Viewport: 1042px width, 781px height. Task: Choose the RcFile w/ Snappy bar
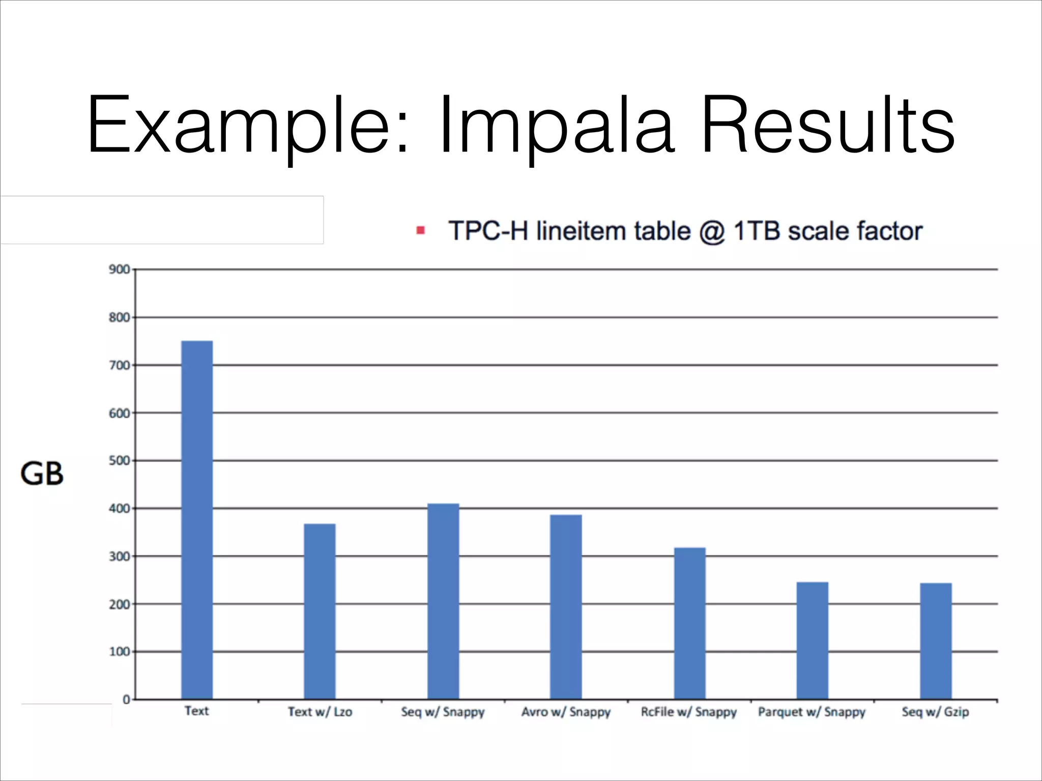(x=689, y=623)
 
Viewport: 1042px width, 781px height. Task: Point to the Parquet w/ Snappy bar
(x=812, y=640)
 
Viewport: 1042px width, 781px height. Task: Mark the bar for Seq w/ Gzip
(x=935, y=641)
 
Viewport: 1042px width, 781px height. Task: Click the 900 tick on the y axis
(x=119, y=269)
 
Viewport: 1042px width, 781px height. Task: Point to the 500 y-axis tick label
(x=119, y=461)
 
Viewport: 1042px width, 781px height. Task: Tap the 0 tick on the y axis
(x=126, y=700)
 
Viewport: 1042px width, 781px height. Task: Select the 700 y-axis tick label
(x=119, y=365)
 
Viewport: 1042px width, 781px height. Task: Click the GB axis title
(x=42, y=474)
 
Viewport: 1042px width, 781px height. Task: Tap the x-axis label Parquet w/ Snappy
(x=812, y=712)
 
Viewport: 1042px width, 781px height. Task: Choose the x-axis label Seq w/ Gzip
(x=935, y=712)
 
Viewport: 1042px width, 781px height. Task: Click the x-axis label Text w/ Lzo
(x=320, y=712)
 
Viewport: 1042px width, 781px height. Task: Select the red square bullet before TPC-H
(x=420, y=231)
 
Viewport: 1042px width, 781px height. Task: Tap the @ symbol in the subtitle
(x=712, y=232)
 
